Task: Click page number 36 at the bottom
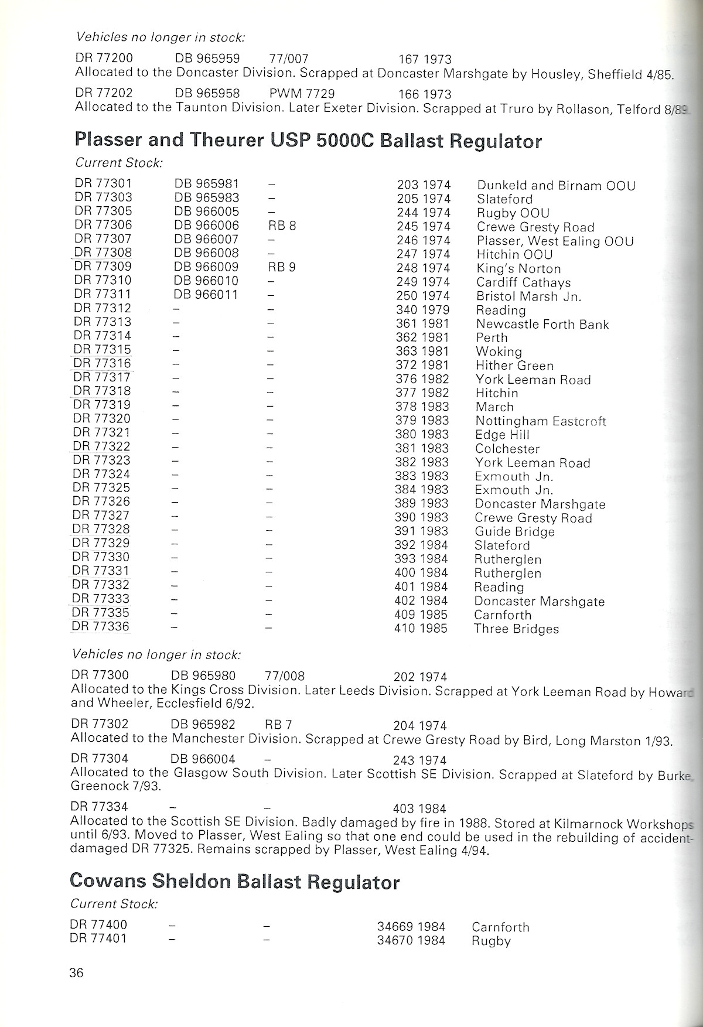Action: coord(76,973)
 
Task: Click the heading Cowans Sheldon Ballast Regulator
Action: coord(234,882)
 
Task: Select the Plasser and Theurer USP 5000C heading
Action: coord(308,141)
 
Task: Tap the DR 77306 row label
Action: coord(103,225)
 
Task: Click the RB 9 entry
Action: coord(282,267)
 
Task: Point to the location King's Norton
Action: coord(518,268)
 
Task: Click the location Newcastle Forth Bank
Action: coord(542,324)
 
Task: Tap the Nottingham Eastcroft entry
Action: coord(540,421)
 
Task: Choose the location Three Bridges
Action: coord(516,629)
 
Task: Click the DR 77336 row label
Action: coord(100,627)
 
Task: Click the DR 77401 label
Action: coord(98,939)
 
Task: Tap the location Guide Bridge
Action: coord(514,532)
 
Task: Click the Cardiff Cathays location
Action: coord(523,282)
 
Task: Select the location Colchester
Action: coord(507,449)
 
